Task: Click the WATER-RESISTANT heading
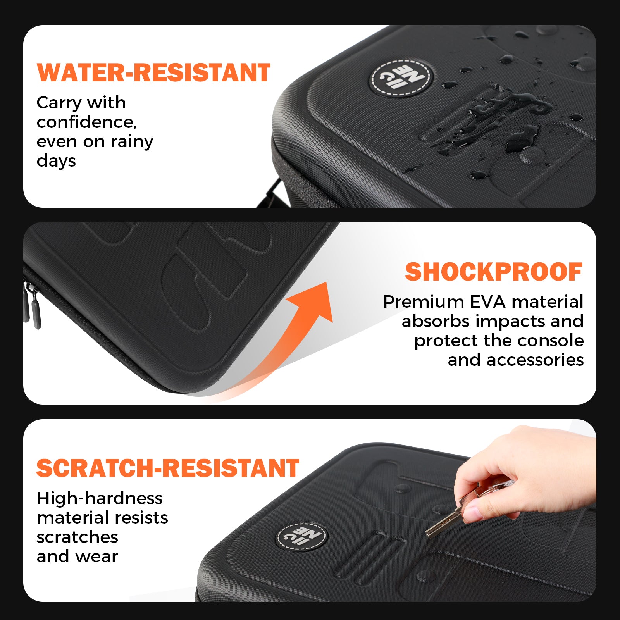[x=153, y=73]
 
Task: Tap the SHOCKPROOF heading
[x=493, y=272]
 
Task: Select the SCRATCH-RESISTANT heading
[x=167, y=468]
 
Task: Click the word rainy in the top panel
[x=132, y=142]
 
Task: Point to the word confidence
[x=86, y=122]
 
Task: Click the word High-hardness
[x=100, y=498]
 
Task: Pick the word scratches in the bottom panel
[x=77, y=537]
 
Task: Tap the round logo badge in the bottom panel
[x=302, y=537]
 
